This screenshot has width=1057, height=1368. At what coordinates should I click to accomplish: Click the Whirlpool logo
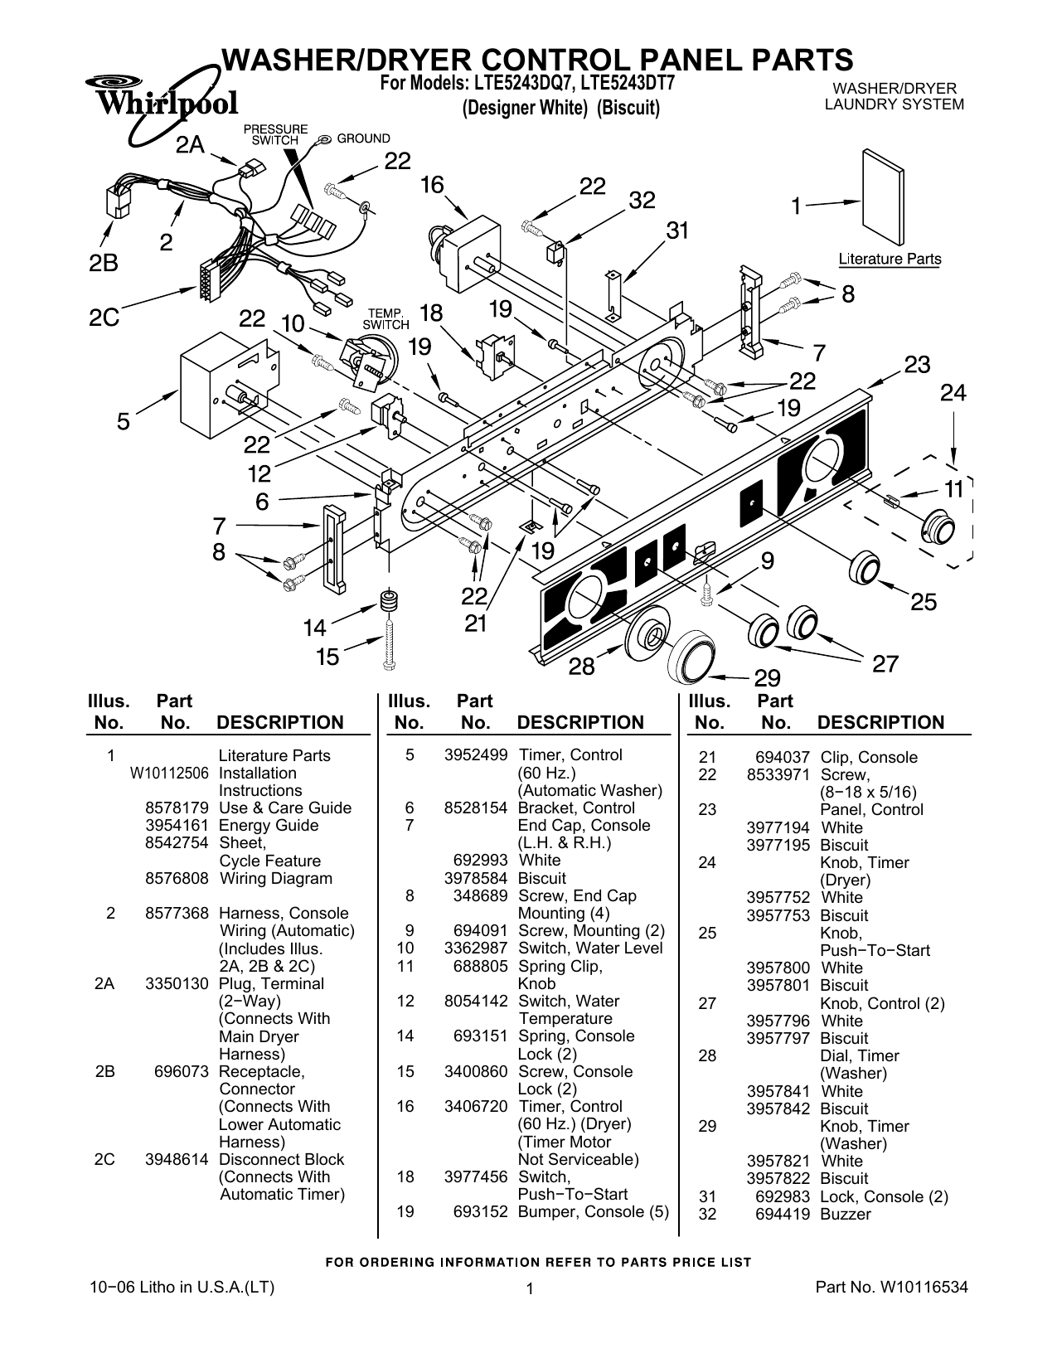click(x=162, y=102)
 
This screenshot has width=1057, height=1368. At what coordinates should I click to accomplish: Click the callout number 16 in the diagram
click(x=432, y=185)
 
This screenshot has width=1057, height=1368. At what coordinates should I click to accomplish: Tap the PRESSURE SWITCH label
click(x=274, y=135)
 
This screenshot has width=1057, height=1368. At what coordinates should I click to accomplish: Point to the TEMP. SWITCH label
click(x=385, y=319)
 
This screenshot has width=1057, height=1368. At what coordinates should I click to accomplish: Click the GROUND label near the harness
click(x=362, y=138)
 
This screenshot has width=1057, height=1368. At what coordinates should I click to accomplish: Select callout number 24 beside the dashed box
click(x=953, y=393)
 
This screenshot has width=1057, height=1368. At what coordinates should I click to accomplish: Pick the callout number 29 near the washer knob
click(x=767, y=679)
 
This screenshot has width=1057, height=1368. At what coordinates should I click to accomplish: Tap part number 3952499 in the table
click(x=475, y=755)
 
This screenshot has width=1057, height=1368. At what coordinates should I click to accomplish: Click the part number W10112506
click(x=169, y=774)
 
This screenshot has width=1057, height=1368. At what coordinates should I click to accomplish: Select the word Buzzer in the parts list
click(x=845, y=1215)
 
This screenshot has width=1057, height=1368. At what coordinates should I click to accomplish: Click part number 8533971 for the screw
click(x=778, y=775)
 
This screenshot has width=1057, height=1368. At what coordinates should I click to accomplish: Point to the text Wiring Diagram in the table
click(x=275, y=879)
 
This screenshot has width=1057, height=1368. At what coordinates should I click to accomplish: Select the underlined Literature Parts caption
click(x=890, y=260)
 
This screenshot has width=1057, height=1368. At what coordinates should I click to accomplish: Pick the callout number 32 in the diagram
click(x=642, y=201)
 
